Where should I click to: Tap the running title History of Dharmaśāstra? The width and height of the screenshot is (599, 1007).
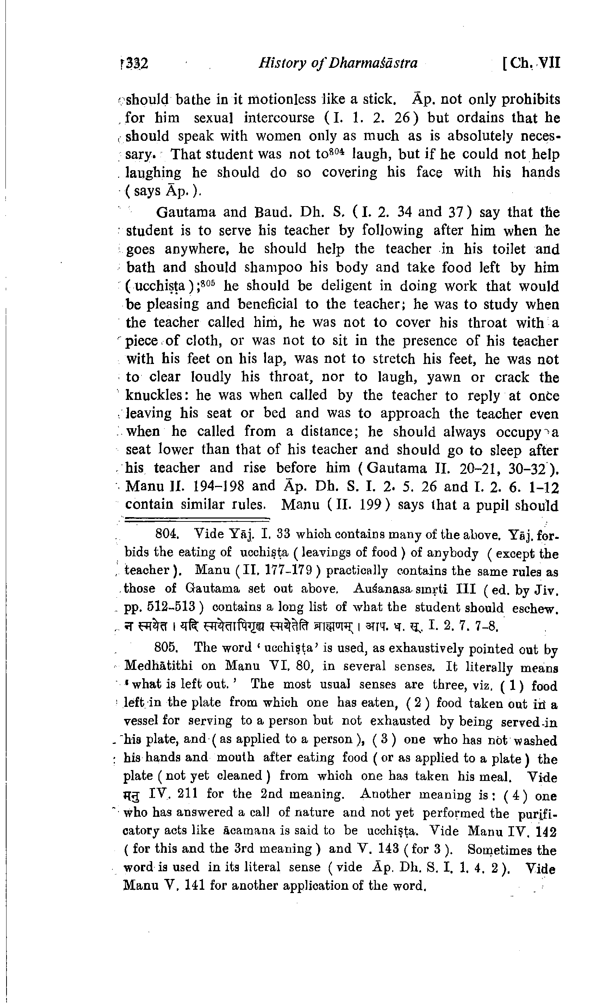tap(338, 63)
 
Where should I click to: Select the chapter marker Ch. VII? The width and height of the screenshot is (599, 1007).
tap(532, 63)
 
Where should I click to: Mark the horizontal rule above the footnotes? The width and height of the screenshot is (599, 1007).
tap(197, 520)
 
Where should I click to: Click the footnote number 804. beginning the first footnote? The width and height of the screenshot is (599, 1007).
tap(167, 534)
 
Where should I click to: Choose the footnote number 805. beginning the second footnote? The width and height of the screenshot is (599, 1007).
tap(167, 647)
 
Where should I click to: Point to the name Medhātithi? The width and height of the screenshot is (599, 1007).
tap(158, 666)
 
